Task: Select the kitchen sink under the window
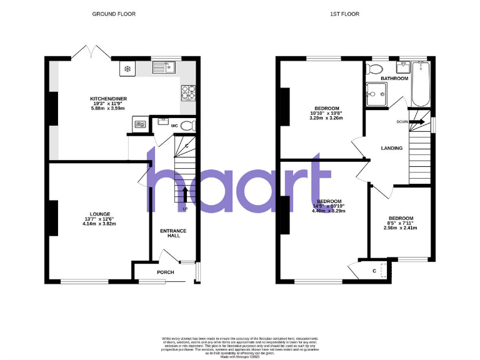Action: click(166, 67)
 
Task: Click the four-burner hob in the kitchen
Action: click(188, 93)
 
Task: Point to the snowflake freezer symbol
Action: click(127, 67)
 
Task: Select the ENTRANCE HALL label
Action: click(173, 234)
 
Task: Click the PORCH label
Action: click(165, 272)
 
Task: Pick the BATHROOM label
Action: click(395, 78)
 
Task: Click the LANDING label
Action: click(392, 148)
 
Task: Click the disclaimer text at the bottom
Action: click(239, 346)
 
